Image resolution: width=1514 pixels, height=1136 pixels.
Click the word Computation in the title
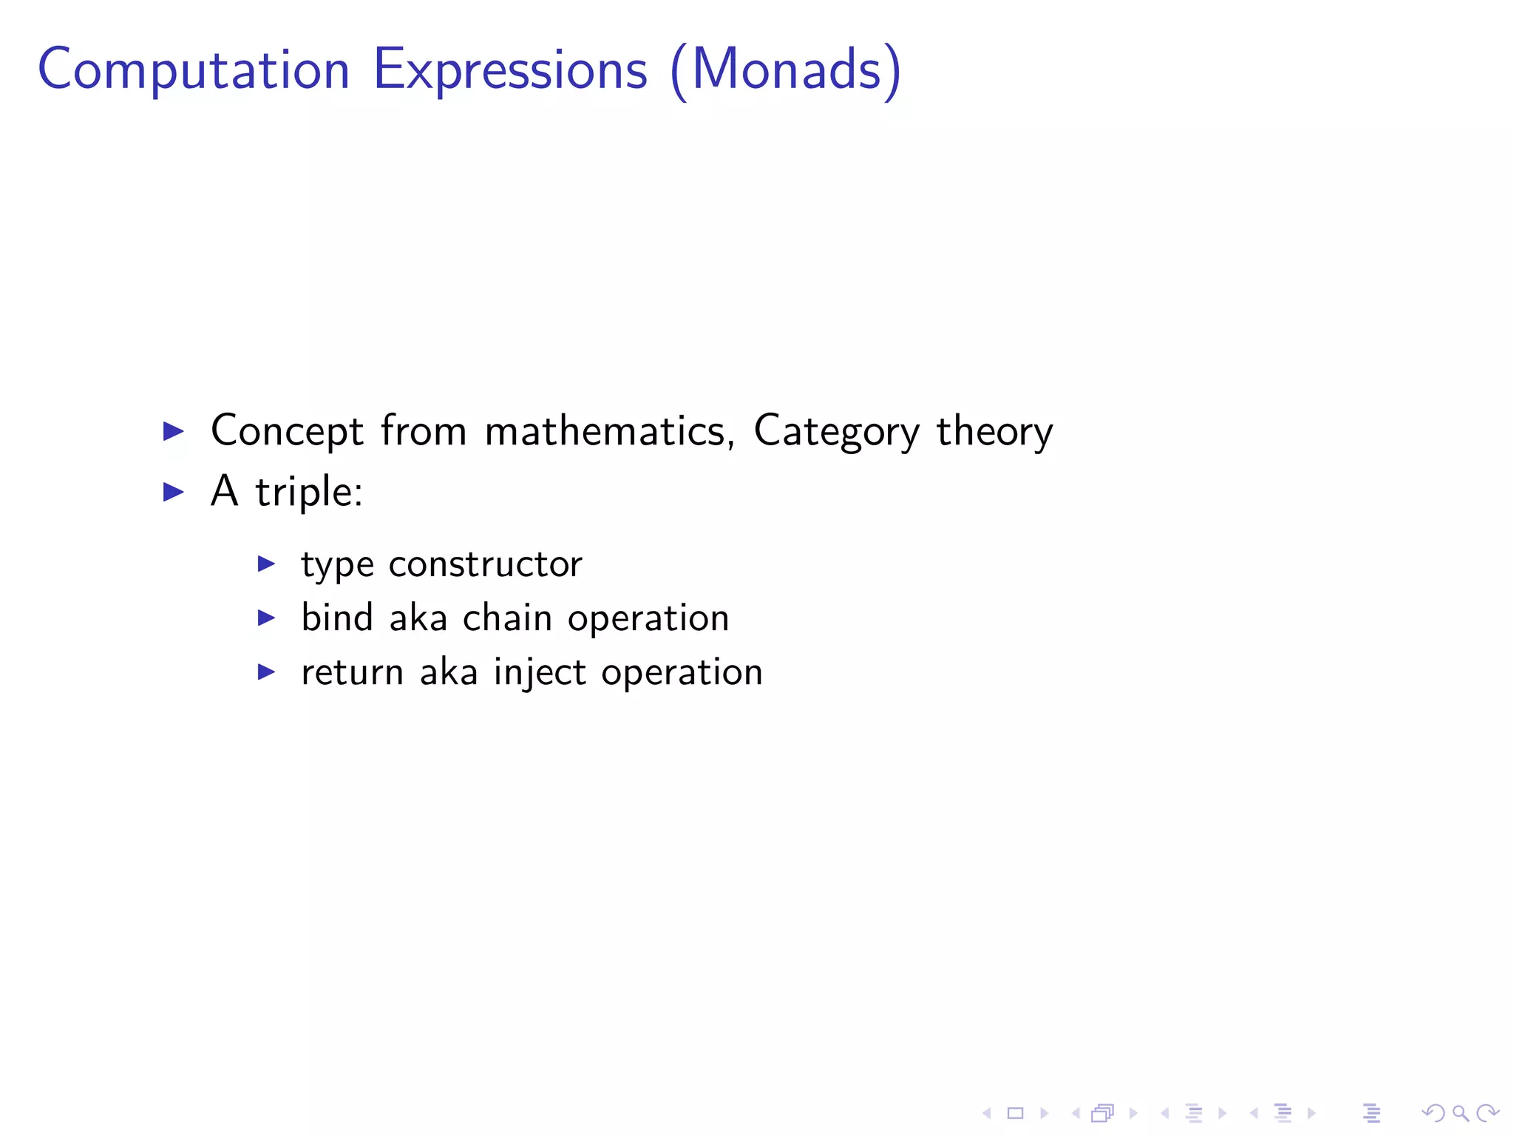click(x=194, y=70)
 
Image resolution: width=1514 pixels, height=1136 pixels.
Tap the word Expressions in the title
click(x=510, y=70)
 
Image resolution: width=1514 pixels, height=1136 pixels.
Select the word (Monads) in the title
click(x=786, y=70)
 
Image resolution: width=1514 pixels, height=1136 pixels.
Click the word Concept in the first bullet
click(x=287, y=430)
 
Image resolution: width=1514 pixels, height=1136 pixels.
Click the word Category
click(x=836, y=430)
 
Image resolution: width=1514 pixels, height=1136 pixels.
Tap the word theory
click(x=994, y=430)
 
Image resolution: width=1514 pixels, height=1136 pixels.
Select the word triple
click(x=309, y=492)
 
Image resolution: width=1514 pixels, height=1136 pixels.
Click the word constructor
click(x=485, y=564)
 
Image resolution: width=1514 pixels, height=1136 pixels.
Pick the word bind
click(x=336, y=618)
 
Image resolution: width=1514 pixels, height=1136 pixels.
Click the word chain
click(x=507, y=618)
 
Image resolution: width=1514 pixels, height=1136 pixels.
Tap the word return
click(x=353, y=672)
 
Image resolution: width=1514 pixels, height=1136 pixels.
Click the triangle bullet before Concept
click(x=173, y=430)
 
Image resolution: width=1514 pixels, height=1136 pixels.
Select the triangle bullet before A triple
click(x=173, y=492)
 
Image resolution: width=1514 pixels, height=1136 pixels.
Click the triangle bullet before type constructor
click(x=266, y=564)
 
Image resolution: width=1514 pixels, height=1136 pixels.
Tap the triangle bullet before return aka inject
click(x=266, y=672)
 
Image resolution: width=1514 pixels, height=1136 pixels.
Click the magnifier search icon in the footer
click(x=1460, y=1112)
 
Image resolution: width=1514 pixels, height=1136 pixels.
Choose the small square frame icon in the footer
click(x=1015, y=1112)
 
